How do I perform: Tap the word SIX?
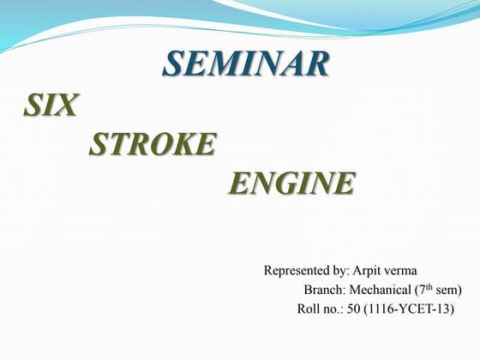(x=51, y=105)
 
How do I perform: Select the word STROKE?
(x=152, y=145)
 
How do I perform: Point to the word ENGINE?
(x=291, y=183)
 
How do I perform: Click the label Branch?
(x=324, y=290)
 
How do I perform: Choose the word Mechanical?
(x=381, y=290)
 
